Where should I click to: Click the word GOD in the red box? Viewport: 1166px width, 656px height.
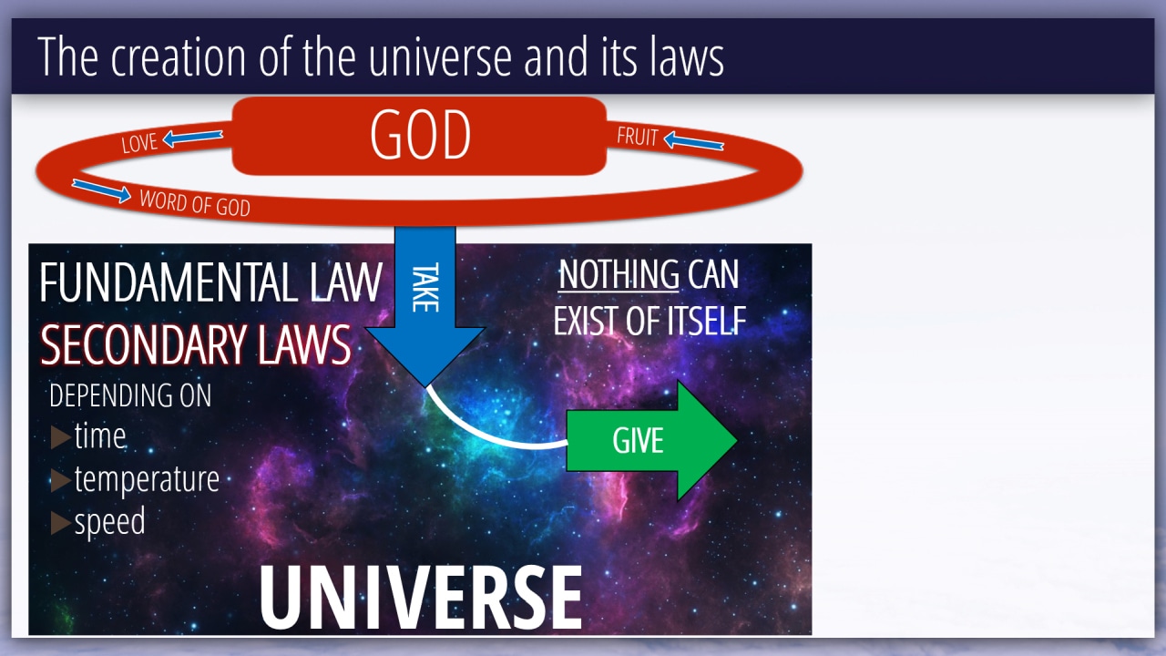point(420,135)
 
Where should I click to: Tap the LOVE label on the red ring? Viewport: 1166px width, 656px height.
point(139,143)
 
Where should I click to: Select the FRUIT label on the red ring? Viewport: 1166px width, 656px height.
point(638,137)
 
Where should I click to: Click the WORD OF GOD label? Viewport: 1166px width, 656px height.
point(195,203)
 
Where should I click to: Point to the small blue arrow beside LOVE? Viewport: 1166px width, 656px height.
point(192,138)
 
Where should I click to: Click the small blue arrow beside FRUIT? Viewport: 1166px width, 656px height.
point(694,140)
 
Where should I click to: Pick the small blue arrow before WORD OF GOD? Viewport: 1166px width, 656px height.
point(101,190)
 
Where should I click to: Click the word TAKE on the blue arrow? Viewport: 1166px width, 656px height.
point(425,287)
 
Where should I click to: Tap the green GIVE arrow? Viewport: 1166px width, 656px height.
point(651,440)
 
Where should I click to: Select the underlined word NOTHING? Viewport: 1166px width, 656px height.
point(619,274)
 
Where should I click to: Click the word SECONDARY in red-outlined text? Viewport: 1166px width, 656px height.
point(143,344)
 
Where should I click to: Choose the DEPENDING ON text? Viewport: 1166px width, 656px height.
point(130,395)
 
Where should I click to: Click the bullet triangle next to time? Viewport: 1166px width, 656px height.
point(61,436)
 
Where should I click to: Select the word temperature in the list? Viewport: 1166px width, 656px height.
point(147,479)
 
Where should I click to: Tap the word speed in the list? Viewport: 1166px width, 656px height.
point(110,522)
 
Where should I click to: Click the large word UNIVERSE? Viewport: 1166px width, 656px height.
point(421,597)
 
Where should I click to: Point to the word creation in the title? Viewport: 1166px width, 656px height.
point(178,56)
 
